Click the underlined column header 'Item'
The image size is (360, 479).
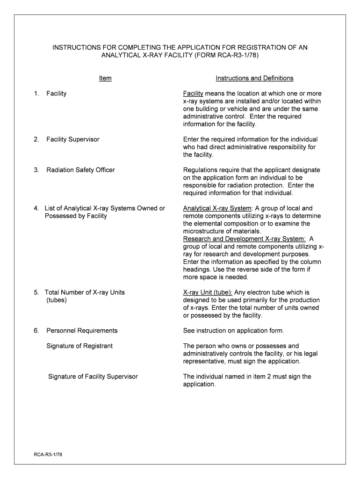click(x=105, y=78)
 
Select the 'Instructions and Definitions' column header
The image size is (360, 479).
click(x=254, y=78)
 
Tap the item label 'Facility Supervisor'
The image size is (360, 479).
click(x=72, y=139)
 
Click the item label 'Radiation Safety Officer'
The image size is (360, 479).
click(x=80, y=170)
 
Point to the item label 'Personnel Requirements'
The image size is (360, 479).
click(x=82, y=331)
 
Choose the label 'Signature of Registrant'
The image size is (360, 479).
click(x=79, y=346)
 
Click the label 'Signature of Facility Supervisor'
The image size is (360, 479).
click(x=93, y=377)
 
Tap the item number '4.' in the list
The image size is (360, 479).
click(x=36, y=208)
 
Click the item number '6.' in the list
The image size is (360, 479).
click(x=36, y=331)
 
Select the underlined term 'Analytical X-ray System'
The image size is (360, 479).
click(x=217, y=208)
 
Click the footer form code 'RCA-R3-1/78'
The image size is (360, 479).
click(x=48, y=454)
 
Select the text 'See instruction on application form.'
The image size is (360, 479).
click(x=233, y=331)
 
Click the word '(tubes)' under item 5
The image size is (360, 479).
click(x=57, y=300)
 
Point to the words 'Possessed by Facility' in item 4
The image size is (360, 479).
click(x=76, y=216)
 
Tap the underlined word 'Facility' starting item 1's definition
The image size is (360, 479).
click(x=193, y=94)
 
